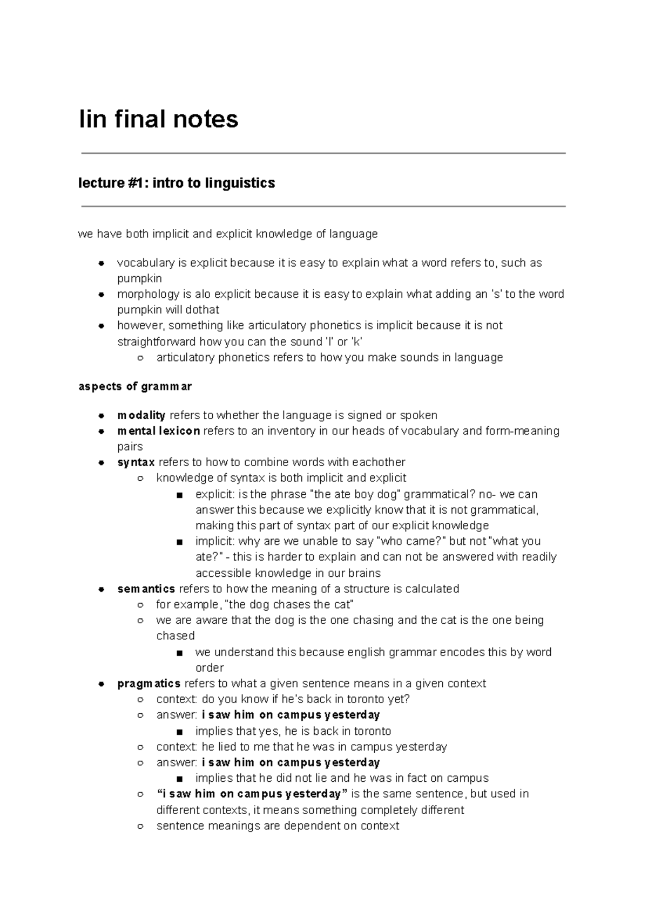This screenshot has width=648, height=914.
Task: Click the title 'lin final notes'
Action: pyautogui.click(x=158, y=119)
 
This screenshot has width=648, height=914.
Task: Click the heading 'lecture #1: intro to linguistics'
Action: pyautogui.click(x=177, y=183)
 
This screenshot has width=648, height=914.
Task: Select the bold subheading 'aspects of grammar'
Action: pyautogui.click(x=135, y=386)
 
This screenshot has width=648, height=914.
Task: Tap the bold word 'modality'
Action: pyautogui.click(x=141, y=415)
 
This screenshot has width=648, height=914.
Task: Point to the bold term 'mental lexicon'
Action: pyautogui.click(x=158, y=431)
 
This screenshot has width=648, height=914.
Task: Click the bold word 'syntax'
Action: pyautogui.click(x=136, y=462)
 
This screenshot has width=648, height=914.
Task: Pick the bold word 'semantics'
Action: pyautogui.click(x=146, y=589)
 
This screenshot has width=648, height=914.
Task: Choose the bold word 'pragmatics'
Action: pyautogui.click(x=148, y=684)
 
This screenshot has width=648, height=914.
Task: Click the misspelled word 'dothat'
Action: pyautogui.click(x=202, y=310)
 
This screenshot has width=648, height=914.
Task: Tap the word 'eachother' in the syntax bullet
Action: pyautogui.click(x=378, y=462)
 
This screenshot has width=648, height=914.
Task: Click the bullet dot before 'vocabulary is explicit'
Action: pyautogui.click(x=101, y=263)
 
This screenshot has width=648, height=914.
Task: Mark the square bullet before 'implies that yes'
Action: pyautogui.click(x=179, y=732)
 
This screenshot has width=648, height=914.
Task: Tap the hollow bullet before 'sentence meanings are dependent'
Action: pyautogui.click(x=140, y=826)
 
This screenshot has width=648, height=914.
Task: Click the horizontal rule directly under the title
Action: pyautogui.click(x=323, y=154)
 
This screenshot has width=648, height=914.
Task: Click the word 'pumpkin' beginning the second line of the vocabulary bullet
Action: pyautogui.click(x=139, y=278)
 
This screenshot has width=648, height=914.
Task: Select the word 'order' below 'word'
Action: pyautogui.click(x=210, y=667)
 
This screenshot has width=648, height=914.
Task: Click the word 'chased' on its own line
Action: pyautogui.click(x=175, y=636)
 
